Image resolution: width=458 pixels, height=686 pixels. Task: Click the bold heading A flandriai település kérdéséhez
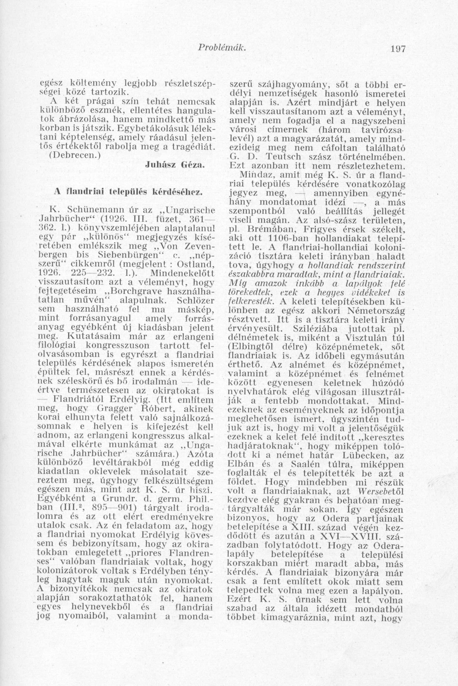(128, 193)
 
